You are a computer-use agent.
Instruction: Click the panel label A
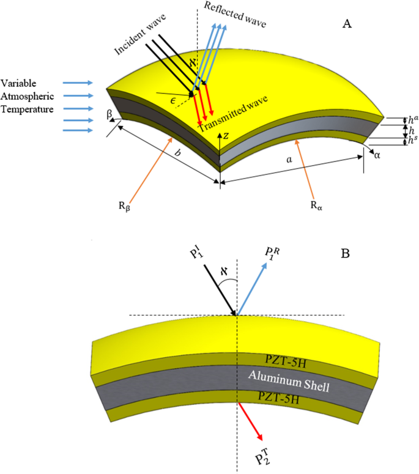click(x=347, y=24)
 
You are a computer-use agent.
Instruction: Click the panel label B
click(x=347, y=253)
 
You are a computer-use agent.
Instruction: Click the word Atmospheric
click(x=28, y=95)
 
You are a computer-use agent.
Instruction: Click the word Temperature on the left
click(x=28, y=109)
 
